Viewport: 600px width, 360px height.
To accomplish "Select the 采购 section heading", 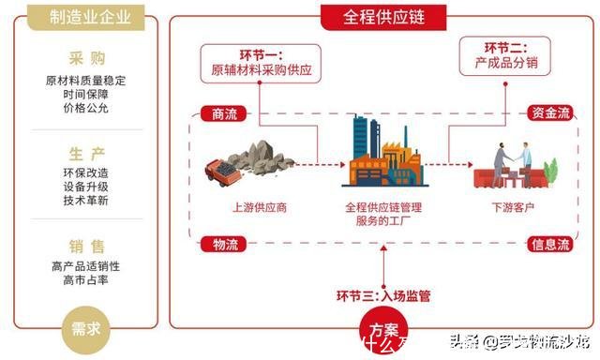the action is click(x=85, y=58).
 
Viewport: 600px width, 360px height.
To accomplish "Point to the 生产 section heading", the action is click(x=85, y=154).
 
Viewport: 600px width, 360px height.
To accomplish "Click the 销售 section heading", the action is click(x=85, y=247).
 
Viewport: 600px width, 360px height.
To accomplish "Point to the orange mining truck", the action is click(x=222, y=170).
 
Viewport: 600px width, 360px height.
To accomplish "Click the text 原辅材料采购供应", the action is click(x=261, y=69).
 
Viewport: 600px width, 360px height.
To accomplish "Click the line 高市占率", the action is click(x=85, y=279).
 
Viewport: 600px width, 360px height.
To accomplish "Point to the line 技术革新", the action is click(x=85, y=201).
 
